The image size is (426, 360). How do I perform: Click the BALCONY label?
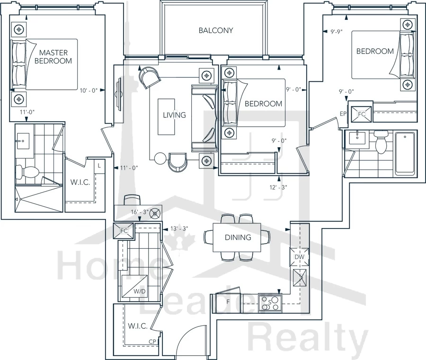click(x=216, y=30)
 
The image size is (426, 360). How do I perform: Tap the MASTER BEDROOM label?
click(x=53, y=56)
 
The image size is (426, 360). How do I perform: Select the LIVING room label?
click(x=174, y=115)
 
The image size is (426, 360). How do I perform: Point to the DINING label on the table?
click(x=238, y=237)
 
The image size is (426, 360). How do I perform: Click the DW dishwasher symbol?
click(x=300, y=257)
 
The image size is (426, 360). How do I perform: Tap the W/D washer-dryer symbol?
click(x=134, y=286)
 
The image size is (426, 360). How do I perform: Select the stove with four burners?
click(x=270, y=303)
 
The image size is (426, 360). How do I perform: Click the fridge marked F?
click(x=228, y=302)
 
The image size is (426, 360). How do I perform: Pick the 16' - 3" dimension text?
click(x=140, y=212)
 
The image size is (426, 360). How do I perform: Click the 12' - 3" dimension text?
click(x=278, y=187)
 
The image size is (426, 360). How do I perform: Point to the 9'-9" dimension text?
click(x=337, y=32)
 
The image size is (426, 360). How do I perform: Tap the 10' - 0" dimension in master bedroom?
click(x=89, y=90)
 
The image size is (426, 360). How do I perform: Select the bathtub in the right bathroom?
click(x=405, y=153)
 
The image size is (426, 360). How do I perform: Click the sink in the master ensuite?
click(x=23, y=141)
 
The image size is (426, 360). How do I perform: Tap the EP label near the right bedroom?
click(x=343, y=114)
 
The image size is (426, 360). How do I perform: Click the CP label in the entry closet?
click(x=152, y=342)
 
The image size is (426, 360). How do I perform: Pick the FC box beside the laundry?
click(x=124, y=231)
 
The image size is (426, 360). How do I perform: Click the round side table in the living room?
click(x=160, y=158)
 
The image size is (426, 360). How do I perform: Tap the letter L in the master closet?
click(x=99, y=166)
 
